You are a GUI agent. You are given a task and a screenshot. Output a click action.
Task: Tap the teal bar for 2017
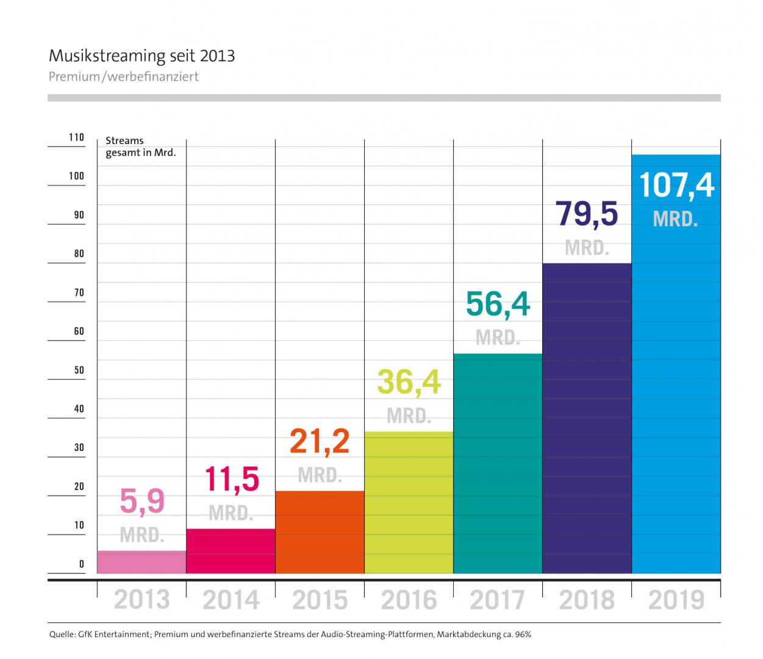498,464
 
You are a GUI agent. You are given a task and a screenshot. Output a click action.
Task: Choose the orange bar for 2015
320,532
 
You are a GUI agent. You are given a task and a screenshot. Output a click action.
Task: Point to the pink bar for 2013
141,562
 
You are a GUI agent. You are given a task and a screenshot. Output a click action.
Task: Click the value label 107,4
676,185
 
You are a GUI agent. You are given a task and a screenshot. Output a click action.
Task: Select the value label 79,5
587,214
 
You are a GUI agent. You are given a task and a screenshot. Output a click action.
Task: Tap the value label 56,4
498,304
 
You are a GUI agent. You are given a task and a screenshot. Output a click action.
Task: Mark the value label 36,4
409,383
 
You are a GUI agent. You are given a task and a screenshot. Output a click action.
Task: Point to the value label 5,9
141,501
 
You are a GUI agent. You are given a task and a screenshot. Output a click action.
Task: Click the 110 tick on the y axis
76,137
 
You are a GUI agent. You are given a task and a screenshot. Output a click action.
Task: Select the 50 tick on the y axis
79,370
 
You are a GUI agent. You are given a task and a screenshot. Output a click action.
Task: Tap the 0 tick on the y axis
82,564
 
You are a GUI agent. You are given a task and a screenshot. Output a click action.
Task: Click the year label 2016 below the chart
409,600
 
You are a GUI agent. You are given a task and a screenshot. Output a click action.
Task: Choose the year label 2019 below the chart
676,600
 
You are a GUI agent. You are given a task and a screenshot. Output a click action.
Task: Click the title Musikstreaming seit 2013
141,56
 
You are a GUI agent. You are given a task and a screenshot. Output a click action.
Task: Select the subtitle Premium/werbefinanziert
124,77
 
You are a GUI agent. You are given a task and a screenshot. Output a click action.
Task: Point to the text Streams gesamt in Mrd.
140,146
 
